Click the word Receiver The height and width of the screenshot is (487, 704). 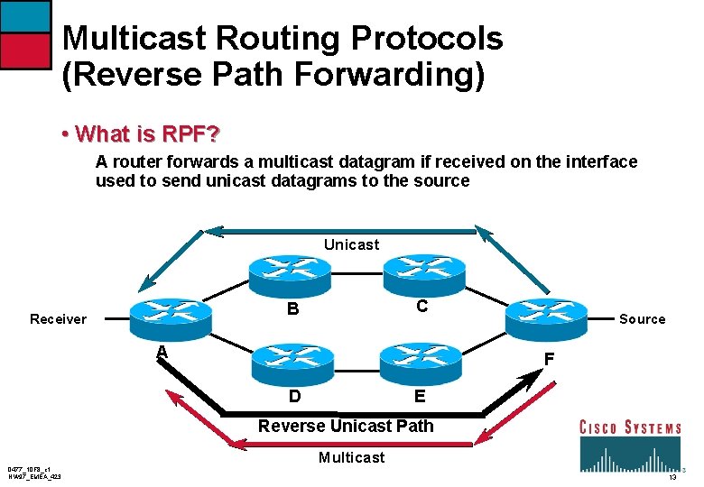pyautogui.click(x=58, y=319)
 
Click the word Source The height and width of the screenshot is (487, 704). pyautogui.click(x=642, y=319)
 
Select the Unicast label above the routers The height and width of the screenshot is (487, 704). pyautogui.click(x=351, y=244)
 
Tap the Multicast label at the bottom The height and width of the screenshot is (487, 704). pyautogui.click(x=351, y=457)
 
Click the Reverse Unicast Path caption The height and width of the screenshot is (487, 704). pyautogui.click(x=346, y=426)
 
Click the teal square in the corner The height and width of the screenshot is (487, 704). pyautogui.click(x=25, y=17)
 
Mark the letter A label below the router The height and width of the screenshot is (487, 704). pyautogui.click(x=162, y=352)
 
